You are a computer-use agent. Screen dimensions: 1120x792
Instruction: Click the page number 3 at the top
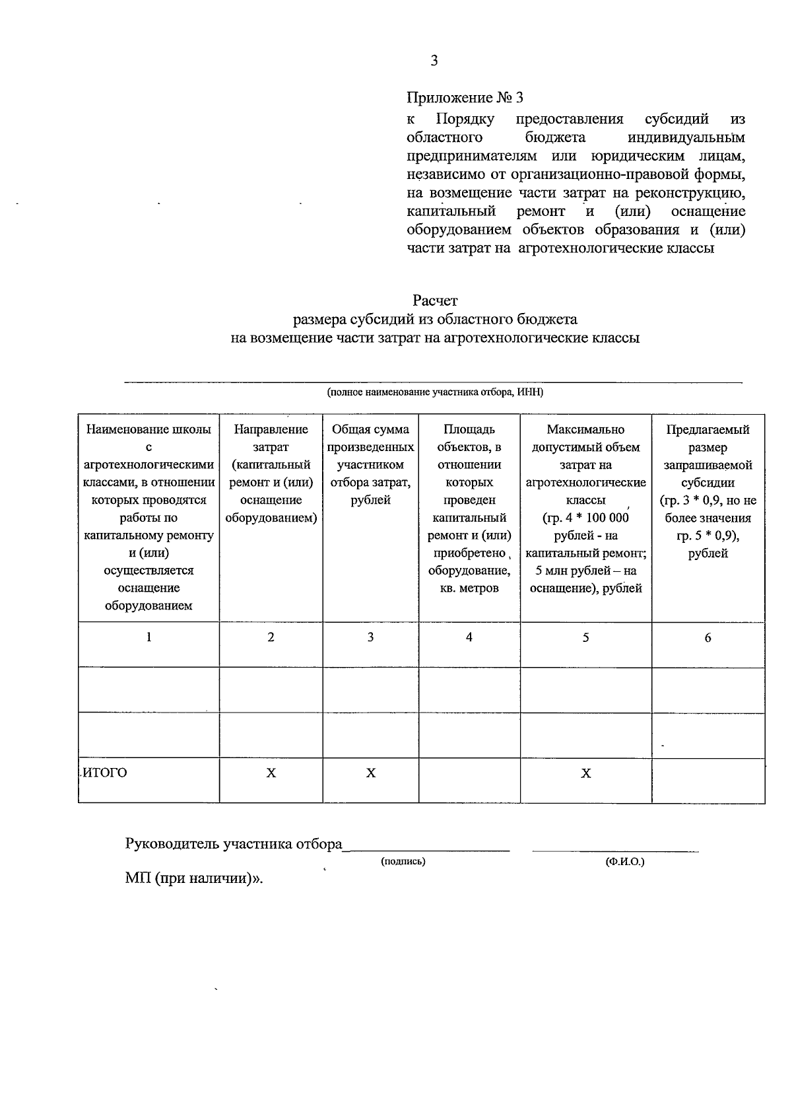point(434,61)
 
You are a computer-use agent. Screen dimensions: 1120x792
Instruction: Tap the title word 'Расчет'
point(435,301)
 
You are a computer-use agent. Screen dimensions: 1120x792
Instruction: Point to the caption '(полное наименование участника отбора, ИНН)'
point(435,392)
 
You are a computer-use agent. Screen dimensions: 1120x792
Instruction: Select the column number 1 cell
point(148,637)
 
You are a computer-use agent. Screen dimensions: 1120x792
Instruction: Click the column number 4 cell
point(469,637)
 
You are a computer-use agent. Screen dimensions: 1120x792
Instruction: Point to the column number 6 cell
point(708,638)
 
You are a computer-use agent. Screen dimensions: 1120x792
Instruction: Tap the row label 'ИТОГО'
point(104,773)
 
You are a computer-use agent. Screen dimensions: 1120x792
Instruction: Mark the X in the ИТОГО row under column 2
point(271,773)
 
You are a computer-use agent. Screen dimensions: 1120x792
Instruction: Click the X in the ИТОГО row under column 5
point(585,773)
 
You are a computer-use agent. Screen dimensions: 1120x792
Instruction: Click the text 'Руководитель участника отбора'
point(234,845)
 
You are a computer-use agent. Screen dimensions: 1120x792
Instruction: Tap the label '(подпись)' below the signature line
point(403,862)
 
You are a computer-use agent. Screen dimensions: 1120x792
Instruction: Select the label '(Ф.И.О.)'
point(624,862)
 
